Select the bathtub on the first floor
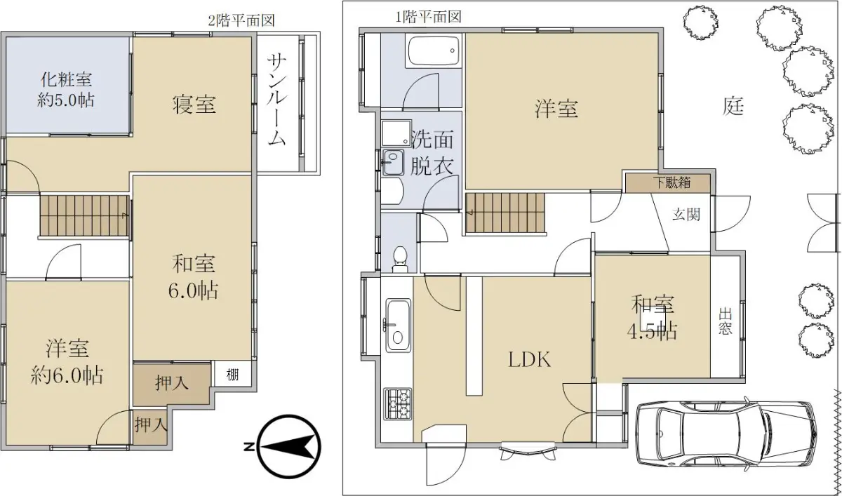434,51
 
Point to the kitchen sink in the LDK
398,325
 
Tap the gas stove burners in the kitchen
398,404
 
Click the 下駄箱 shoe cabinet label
672,182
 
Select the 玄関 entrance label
686,215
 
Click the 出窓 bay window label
725,321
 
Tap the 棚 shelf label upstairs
232,375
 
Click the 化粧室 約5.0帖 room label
66,91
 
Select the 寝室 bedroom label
194,105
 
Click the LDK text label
530,360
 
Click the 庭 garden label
733,107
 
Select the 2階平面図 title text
241,20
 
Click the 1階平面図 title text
428,17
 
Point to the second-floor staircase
84,215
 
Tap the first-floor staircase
506,213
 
